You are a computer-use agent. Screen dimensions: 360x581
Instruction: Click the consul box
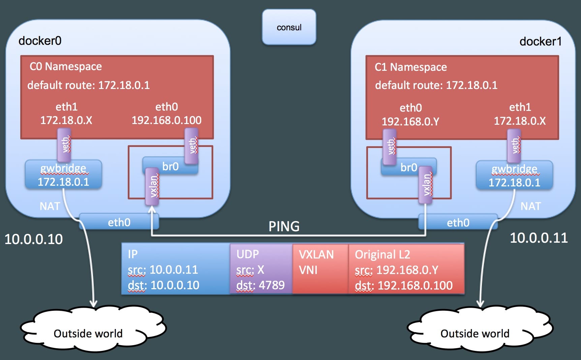click(x=289, y=27)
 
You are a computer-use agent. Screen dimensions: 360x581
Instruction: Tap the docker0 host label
click(x=40, y=41)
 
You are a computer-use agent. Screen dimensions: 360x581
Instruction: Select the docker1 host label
click(x=540, y=41)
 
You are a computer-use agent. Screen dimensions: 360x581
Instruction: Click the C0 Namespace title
click(x=66, y=66)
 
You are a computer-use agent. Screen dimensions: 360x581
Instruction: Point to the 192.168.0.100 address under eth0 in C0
click(x=166, y=120)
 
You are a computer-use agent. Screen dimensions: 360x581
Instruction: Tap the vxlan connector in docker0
click(x=152, y=186)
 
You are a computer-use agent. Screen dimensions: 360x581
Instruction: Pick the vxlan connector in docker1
click(x=426, y=185)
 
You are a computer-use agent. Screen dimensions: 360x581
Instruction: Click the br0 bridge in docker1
click(x=408, y=167)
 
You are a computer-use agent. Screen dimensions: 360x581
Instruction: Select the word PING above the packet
click(x=284, y=227)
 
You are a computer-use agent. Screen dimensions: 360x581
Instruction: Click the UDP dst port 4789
click(x=260, y=285)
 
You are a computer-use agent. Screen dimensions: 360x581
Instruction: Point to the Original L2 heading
click(x=382, y=254)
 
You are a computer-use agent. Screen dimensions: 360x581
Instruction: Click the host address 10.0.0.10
click(x=34, y=239)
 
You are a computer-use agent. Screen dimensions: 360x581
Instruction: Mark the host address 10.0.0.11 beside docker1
click(x=539, y=238)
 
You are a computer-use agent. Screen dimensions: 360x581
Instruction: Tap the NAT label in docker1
click(x=530, y=206)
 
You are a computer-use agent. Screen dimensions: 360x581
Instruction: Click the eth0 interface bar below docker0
click(x=119, y=222)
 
